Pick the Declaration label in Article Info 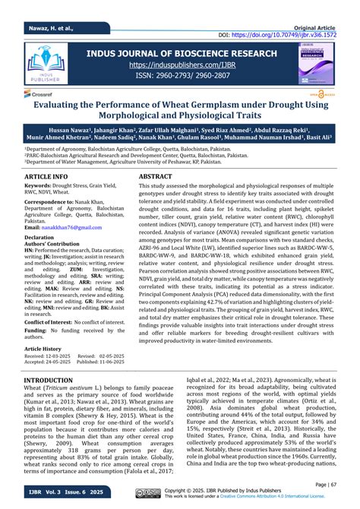pyautogui.click(x=44, y=237)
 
